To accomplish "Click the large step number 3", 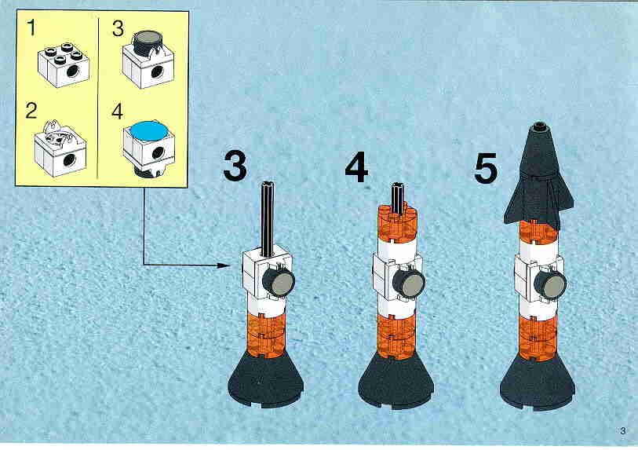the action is click(x=235, y=166).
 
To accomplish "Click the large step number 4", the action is click(x=356, y=167).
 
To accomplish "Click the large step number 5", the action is click(x=486, y=168).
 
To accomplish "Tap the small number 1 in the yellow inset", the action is click(x=31, y=27).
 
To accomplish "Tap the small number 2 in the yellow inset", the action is click(x=31, y=111).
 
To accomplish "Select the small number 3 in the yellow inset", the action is click(x=118, y=28).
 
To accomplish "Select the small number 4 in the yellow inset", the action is click(x=117, y=112).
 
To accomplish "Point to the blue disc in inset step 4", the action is click(x=148, y=131).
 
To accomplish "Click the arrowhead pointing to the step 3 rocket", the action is click(x=224, y=265).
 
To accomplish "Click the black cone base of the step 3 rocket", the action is click(x=266, y=379).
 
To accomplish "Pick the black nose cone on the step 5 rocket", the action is click(x=538, y=175).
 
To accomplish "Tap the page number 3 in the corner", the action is click(x=622, y=431).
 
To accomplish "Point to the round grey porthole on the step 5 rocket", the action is click(x=552, y=284).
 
